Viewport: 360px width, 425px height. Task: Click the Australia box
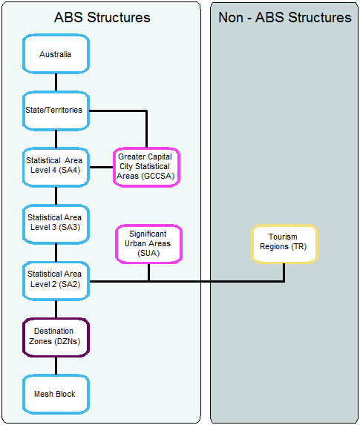[x=56, y=54]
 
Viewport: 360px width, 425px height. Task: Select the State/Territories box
[x=56, y=111]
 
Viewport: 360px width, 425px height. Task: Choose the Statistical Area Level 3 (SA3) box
[x=56, y=223]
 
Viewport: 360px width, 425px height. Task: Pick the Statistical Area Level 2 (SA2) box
[x=56, y=280]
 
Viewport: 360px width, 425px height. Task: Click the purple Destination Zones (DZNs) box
[x=56, y=336]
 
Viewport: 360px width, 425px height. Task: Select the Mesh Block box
[x=56, y=393]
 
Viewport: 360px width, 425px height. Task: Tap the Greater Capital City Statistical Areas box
[x=146, y=167]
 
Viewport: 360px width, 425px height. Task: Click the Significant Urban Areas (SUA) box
[x=148, y=243]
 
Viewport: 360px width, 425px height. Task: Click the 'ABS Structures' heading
[x=102, y=17]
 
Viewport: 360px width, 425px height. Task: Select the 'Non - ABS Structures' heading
[x=284, y=17]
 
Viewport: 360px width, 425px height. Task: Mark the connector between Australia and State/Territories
[x=56, y=82]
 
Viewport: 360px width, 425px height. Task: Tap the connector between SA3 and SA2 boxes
[x=56, y=251]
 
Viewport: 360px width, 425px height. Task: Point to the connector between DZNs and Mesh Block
[x=56, y=365]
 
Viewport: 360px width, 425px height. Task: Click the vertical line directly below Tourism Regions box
[x=284, y=271]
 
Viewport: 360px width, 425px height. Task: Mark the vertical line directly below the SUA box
[x=148, y=271]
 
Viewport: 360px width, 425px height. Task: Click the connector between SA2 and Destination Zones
[x=56, y=308]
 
